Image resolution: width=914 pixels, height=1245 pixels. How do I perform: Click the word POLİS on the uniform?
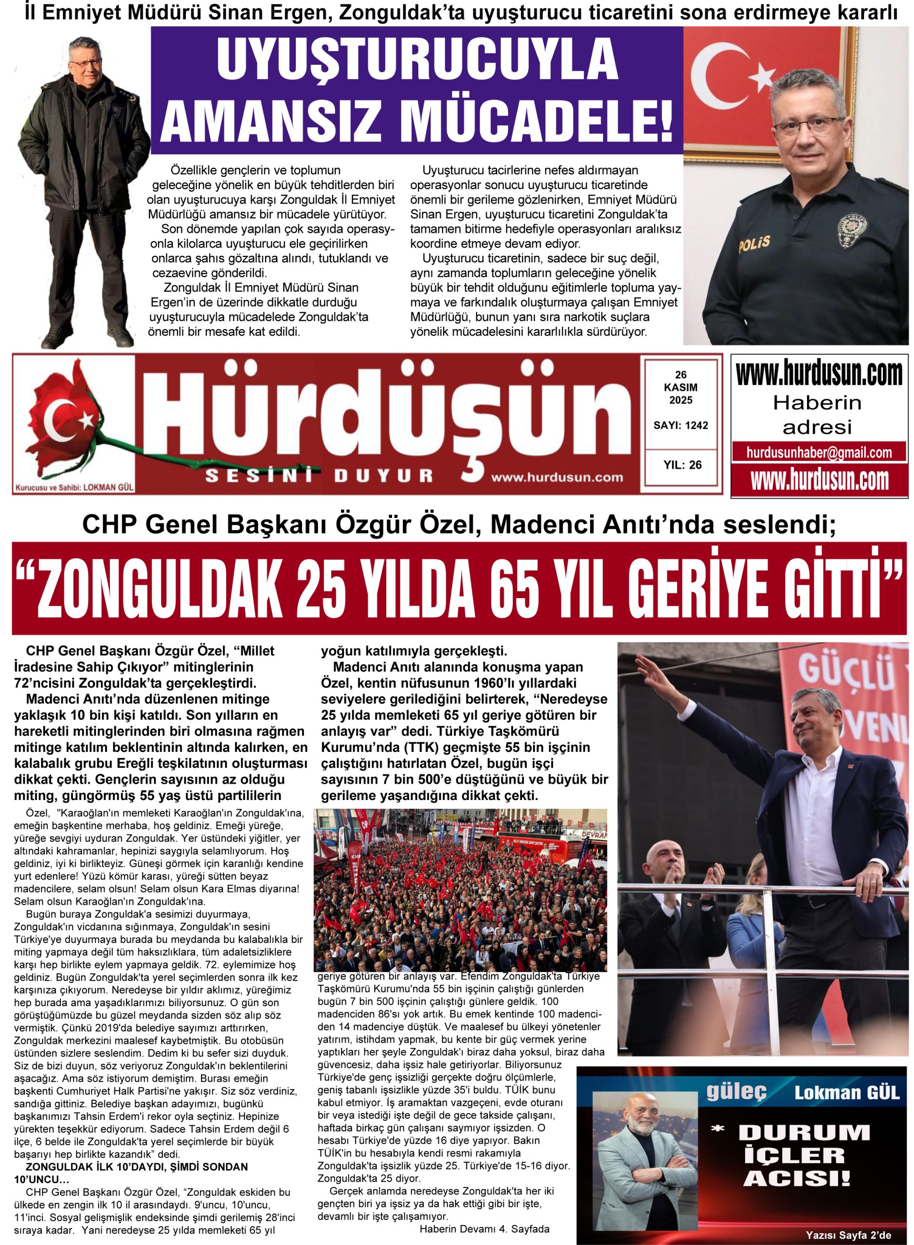(x=753, y=243)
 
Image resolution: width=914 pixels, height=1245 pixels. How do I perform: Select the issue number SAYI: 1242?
(x=681, y=426)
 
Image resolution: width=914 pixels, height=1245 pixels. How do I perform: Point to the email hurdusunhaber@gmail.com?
(x=819, y=453)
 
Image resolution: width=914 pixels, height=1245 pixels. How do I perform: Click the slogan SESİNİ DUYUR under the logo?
(x=319, y=475)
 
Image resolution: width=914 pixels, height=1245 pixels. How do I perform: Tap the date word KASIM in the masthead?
(x=681, y=388)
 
